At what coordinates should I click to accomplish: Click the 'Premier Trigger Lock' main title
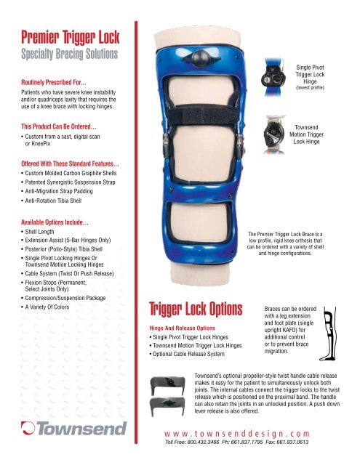(x=70, y=37)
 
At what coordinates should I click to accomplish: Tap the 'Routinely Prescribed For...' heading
(x=54, y=82)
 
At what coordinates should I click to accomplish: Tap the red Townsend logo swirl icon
(x=28, y=428)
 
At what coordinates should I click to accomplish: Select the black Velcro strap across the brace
(x=204, y=115)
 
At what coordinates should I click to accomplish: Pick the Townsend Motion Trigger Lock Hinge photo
(x=274, y=134)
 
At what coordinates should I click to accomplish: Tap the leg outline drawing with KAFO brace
(x=328, y=334)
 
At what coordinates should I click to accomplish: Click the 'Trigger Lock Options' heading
(x=196, y=309)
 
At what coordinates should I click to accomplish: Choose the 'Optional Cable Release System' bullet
(x=187, y=354)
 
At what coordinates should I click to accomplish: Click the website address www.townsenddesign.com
(x=237, y=434)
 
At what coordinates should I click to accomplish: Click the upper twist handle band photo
(x=168, y=385)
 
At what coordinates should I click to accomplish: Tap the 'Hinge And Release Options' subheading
(x=183, y=328)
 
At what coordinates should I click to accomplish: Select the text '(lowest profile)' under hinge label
(x=310, y=88)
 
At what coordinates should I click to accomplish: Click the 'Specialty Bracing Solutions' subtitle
(x=69, y=54)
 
